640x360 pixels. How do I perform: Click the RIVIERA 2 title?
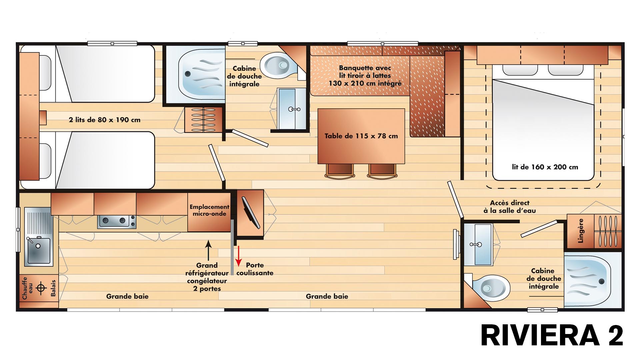pos(552,335)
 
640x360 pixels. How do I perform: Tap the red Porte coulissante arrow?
pos(239,256)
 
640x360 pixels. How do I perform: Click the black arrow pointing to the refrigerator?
pos(208,250)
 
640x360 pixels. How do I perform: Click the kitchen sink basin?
pos(39,250)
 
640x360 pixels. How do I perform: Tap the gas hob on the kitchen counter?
pos(117,221)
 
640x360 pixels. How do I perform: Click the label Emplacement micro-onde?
pos(209,210)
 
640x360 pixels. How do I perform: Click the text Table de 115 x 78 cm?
pos(361,136)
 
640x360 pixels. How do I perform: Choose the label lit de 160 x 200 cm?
pos(545,167)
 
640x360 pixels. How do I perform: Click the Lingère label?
pos(581,231)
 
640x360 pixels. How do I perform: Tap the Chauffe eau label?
pos(28,288)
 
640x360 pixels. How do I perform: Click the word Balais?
pos(53,288)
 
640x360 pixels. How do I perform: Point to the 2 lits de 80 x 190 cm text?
pos(105,120)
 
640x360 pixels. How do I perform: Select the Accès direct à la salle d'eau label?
pos(510,207)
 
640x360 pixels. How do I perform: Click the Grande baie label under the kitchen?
pos(127,296)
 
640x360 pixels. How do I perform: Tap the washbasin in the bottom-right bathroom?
pos(479,245)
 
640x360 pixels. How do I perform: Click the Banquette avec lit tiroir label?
pos(365,76)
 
